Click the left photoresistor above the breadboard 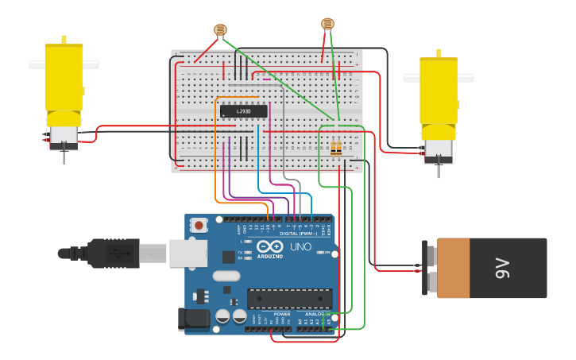coord(220,30)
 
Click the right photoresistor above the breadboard coord(327,24)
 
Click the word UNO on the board coord(300,247)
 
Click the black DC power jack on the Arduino coord(194,319)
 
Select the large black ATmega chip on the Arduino coord(288,298)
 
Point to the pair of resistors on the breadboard coord(336,149)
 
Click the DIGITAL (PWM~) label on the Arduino coord(298,234)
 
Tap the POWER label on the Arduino coord(282,314)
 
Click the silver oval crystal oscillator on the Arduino coord(226,277)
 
